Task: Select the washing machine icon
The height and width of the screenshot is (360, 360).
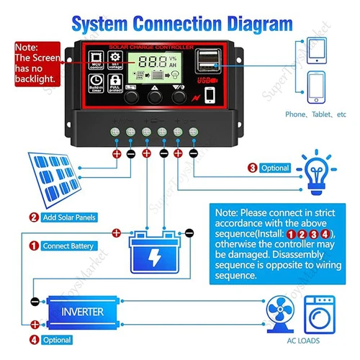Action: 319,315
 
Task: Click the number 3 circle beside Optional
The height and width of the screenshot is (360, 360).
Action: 251,168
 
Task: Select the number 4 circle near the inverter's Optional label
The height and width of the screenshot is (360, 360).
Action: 34,340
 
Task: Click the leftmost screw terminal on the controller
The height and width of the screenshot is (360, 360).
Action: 115,131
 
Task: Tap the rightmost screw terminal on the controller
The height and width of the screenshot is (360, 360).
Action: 194,131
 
